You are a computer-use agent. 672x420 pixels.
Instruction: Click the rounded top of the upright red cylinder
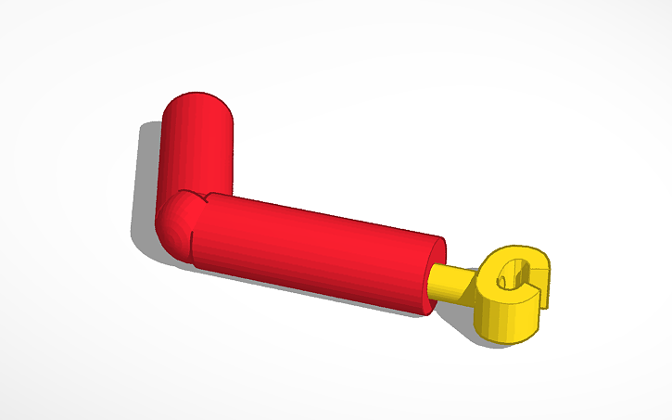[x=198, y=104]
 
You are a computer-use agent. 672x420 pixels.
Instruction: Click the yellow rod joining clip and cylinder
[x=454, y=282]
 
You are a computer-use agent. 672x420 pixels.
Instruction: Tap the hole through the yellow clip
[x=509, y=275]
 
